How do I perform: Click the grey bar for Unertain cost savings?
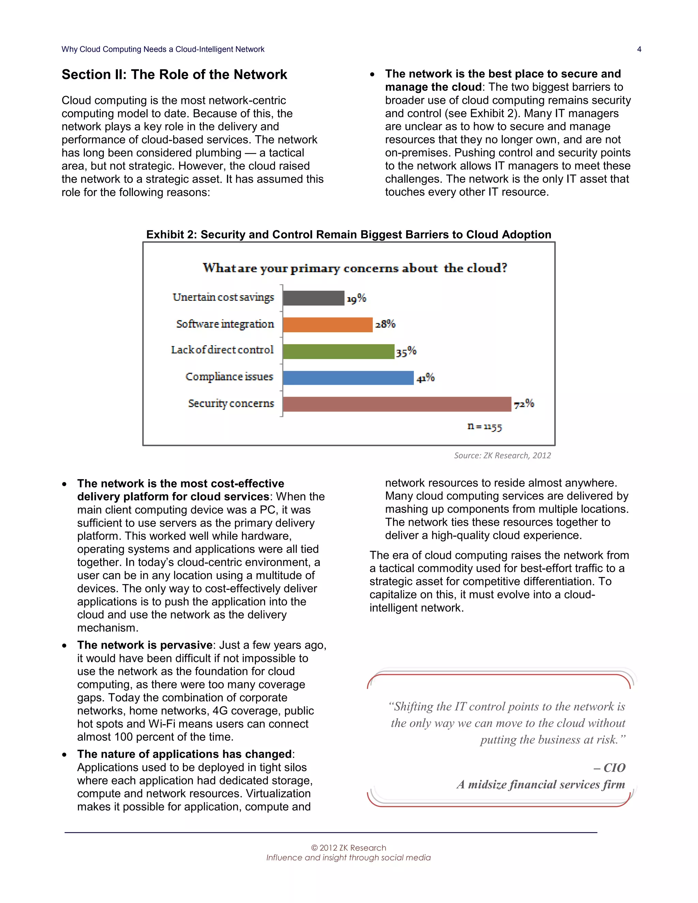coord(314,298)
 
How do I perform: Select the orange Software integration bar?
coord(328,324)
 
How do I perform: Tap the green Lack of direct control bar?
coord(338,351)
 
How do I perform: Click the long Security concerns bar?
coord(397,404)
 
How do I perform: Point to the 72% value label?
coord(524,403)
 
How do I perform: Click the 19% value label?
coord(356,298)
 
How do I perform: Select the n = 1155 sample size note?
coord(484,426)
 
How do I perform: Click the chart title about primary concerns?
coord(355,268)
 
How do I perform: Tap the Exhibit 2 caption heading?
coord(349,234)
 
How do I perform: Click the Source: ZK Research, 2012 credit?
coord(502,455)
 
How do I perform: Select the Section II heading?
coord(174,74)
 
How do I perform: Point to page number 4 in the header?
coord(639,49)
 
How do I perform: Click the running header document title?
coord(163,49)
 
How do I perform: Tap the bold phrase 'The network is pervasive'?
coord(145,645)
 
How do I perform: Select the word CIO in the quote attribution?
coord(614,768)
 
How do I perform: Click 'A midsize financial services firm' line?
coord(541,784)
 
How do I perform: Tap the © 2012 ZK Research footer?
coord(348,847)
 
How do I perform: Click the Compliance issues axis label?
coord(229,377)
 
